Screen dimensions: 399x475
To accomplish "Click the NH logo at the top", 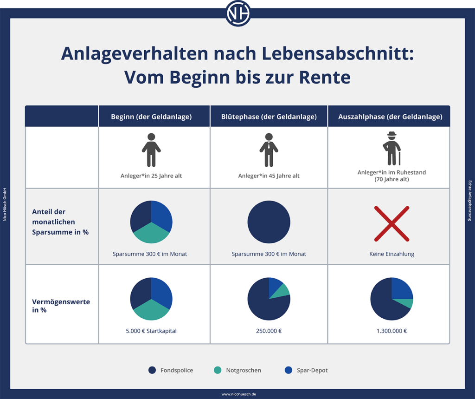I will click(238, 13).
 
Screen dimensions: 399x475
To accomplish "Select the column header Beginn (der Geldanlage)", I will click(151, 117).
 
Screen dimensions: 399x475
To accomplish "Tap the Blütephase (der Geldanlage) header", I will click(269, 117).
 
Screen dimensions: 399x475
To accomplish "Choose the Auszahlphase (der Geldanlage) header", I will click(390, 117).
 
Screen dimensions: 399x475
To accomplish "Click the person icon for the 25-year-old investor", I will click(151, 150).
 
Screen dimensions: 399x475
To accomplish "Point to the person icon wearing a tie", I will click(269, 150).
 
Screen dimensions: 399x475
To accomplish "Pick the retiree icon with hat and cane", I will click(392, 149).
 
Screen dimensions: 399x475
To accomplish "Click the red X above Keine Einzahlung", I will click(392, 223).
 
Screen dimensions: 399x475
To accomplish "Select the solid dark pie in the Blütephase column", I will click(269, 222).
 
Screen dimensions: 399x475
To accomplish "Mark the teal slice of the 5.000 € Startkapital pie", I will click(151, 310).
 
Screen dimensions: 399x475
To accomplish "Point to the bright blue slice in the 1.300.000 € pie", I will click(402, 288).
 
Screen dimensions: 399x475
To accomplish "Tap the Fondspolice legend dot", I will click(152, 370).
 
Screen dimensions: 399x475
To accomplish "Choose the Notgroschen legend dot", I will click(217, 370).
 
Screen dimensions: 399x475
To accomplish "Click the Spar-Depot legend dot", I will click(289, 370).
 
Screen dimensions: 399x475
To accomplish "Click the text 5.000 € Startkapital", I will click(151, 331).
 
